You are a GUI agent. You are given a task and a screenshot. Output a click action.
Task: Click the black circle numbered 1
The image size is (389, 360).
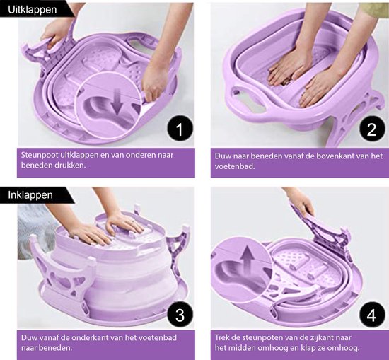(x=180, y=129)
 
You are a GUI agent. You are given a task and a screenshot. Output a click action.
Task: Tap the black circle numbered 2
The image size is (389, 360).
(x=371, y=129)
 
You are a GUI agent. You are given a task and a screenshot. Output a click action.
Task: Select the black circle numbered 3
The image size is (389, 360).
(x=180, y=315)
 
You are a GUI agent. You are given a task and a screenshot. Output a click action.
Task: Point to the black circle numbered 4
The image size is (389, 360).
(x=371, y=315)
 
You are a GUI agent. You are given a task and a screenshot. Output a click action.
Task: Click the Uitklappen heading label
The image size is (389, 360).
(x=33, y=10)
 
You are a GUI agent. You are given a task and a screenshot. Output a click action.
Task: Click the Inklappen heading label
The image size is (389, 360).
(x=30, y=194)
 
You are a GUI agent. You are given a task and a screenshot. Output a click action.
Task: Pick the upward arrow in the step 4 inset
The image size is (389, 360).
(x=248, y=256)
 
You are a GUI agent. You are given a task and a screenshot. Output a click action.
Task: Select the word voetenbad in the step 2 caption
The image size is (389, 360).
(x=234, y=166)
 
